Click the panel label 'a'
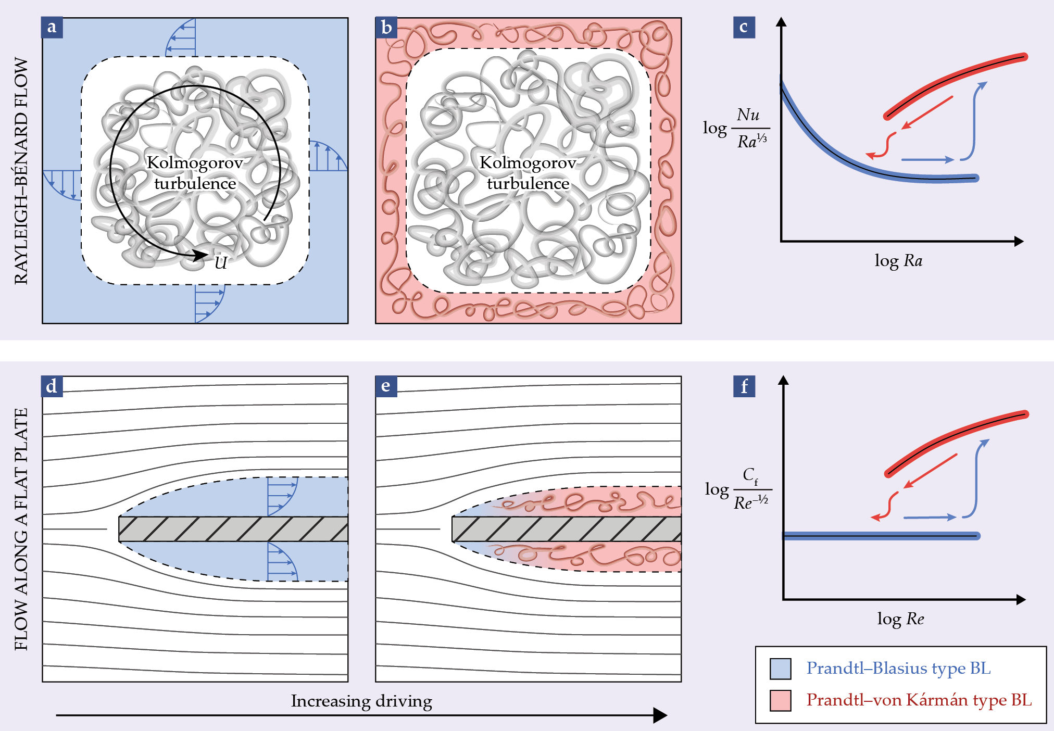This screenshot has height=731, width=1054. [x=52, y=28]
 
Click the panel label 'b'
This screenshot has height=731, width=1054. [x=386, y=28]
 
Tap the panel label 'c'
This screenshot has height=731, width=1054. [x=744, y=28]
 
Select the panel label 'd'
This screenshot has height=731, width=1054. [x=52, y=386]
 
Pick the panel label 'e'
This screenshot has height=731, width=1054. [x=386, y=386]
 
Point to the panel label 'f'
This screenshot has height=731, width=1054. [x=744, y=386]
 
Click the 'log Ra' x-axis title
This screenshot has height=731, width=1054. [x=898, y=260]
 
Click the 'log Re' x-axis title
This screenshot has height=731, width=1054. [x=900, y=619]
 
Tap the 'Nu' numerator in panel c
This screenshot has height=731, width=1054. [x=748, y=115]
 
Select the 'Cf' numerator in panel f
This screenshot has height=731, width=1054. [x=750, y=475]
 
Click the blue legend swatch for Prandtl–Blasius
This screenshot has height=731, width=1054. [x=780, y=669]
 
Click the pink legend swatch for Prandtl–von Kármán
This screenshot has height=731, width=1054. [x=780, y=700]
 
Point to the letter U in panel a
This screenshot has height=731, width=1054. [x=221, y=263]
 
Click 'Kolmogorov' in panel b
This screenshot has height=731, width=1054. [x=528, y=163]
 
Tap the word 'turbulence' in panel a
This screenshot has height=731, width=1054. [x=195, y=184]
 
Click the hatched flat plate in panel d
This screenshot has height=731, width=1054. [x=233, y=529]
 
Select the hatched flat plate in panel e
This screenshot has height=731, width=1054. [x=566, y=529]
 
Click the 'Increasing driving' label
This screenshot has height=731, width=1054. [x=361, y=701]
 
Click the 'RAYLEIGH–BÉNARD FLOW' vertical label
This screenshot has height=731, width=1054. [x=21, y=171]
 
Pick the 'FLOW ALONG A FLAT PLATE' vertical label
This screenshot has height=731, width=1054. [x=21, y=529]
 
